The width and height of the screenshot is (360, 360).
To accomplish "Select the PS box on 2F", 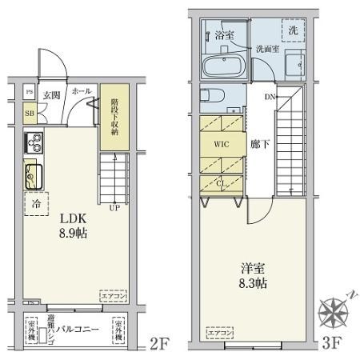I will tap(30, 93).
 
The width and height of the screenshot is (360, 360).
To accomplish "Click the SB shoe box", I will tap(30, 114).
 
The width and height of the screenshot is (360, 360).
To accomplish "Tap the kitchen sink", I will tap(33, 174).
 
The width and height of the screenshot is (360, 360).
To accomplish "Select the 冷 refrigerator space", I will tap(36, 204).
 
